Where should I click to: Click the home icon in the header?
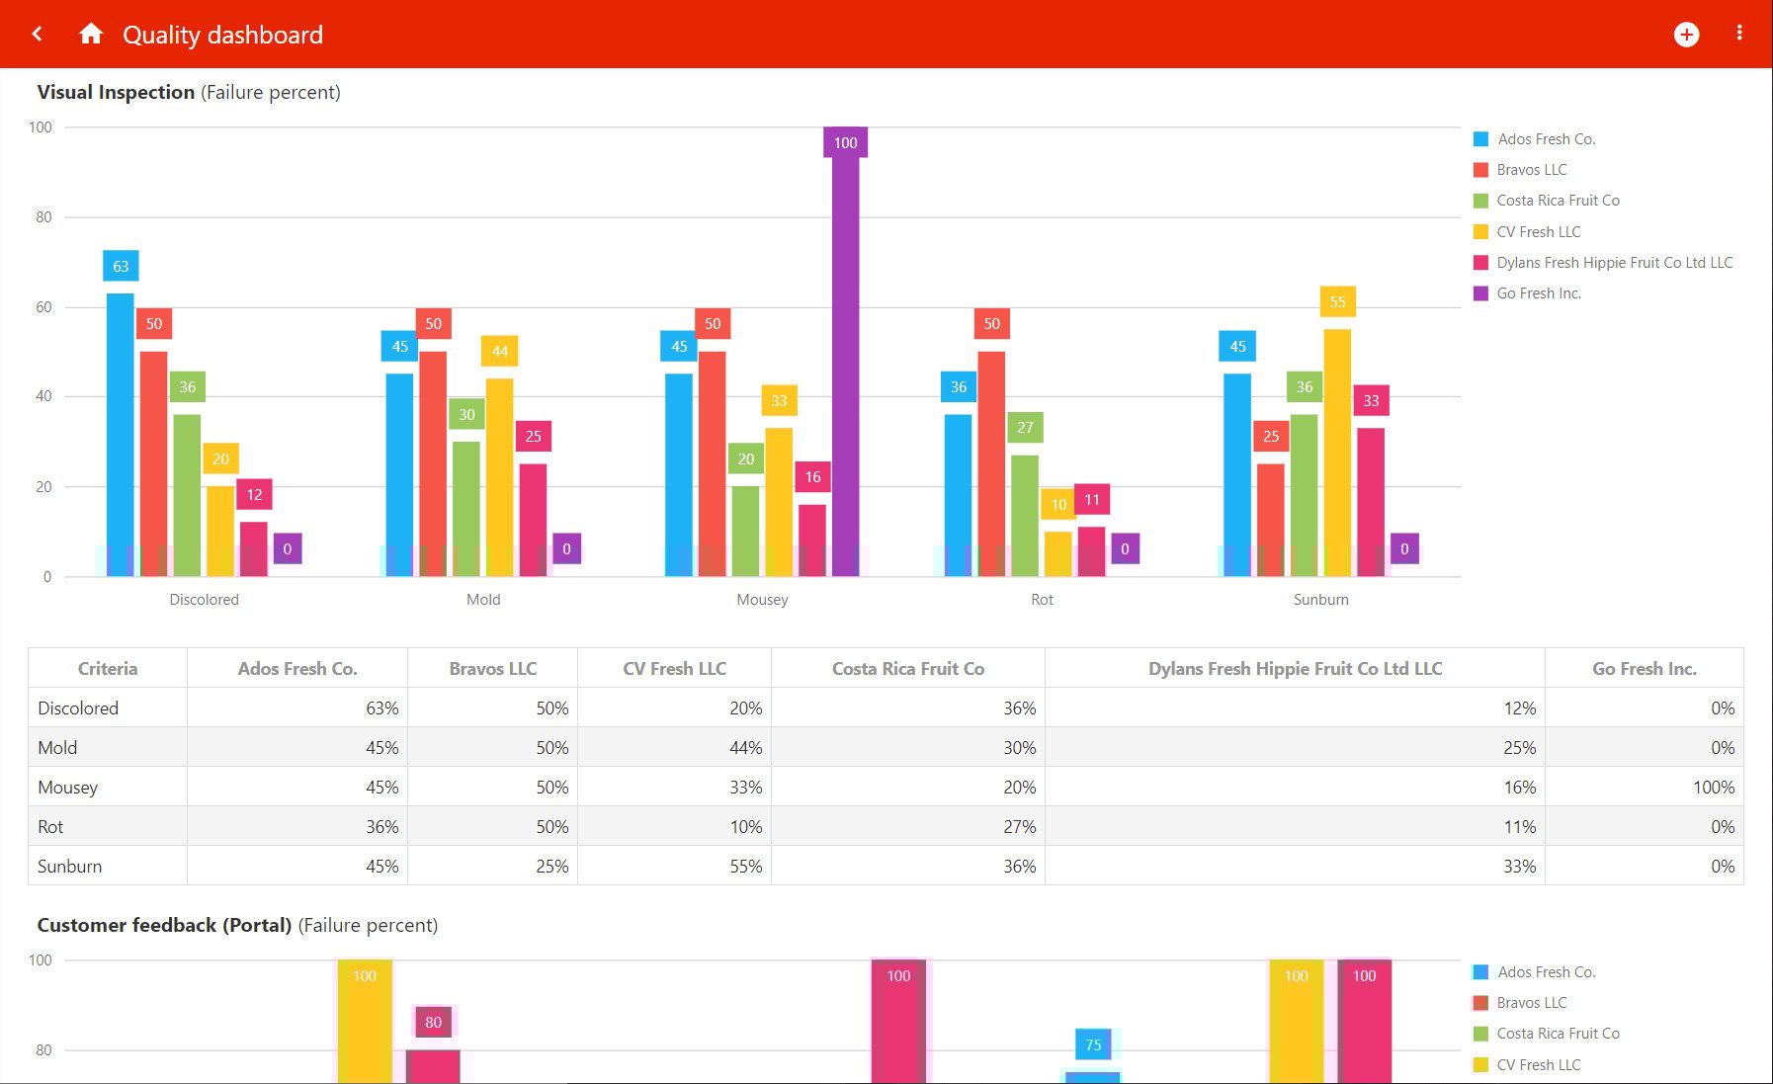tap(91, 35)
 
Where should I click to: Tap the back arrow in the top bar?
tap(38, 35)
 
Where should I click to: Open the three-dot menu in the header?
tap(1739, 34)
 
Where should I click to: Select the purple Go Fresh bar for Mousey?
tap(845, 366)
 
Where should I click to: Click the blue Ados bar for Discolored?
tap(120, 435)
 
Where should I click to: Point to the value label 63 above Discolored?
tap(121, 266)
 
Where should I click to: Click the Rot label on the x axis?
tap(1042, 600)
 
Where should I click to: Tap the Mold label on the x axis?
tap(483, 600)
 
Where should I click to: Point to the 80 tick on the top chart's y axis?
tap(43, 217)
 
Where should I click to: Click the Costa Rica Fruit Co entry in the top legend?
tap(1558, 201)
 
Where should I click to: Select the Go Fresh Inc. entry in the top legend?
tap(1538, 293)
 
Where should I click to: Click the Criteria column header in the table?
tap(108, 669)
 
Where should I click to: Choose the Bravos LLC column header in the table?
tap(492, 669)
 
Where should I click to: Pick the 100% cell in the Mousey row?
tap(1713, 788)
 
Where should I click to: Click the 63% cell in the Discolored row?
tap(381, 709)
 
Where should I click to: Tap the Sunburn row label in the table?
tap(70, 867)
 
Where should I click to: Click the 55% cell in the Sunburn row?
tap(745, 867)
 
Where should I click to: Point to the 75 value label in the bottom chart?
tap(1093, 1044)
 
